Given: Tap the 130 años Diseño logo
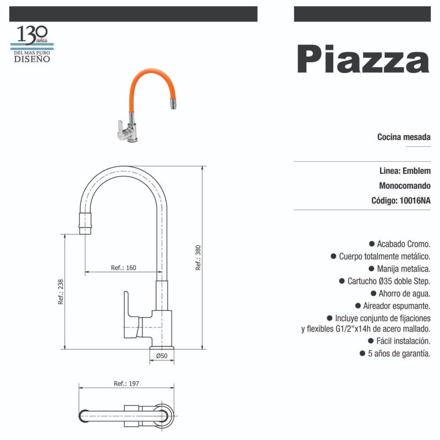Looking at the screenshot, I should click(32, 43).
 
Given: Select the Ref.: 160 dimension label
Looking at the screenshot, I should click(123, 268).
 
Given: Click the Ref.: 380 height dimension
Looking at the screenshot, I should click(198, 257).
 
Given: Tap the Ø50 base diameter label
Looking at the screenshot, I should click(162, 356).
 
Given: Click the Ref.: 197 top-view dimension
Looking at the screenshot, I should click(126, 383).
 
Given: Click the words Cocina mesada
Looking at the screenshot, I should click(404, 136).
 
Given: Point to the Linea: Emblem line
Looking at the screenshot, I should click(405, 170).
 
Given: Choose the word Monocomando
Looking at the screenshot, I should click(405, 186).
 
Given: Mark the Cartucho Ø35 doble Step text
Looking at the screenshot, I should click(388, 281).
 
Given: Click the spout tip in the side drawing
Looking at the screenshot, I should click(86, 226).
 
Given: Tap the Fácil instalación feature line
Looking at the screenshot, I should click(399, 341).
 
